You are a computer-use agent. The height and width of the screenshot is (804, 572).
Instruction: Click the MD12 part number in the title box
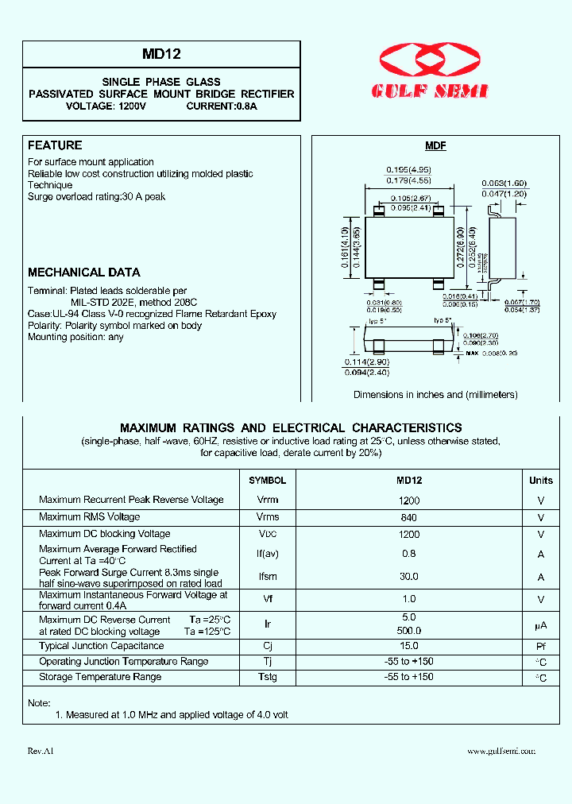tap(161, 55)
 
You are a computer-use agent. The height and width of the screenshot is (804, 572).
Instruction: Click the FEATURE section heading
tap(55, 145)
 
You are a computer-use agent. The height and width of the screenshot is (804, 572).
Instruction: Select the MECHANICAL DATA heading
tap(84, 272)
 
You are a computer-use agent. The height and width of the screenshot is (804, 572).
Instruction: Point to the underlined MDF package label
tap(435, 146)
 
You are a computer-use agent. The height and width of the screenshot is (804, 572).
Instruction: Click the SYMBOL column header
tap(267, 481)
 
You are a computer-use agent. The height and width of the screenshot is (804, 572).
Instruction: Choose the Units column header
tap(541, 481)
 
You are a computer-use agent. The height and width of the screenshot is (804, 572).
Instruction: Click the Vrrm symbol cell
tap(267, 500)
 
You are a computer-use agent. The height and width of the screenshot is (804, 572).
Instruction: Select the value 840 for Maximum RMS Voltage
tap(409, 517)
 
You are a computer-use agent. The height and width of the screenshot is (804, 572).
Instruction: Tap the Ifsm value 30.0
tap(409, 577)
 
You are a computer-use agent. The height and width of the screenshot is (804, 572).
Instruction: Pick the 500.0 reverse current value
tap(409, 631)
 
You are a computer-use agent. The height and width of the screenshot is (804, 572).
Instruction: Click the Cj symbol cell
tap(267, 647)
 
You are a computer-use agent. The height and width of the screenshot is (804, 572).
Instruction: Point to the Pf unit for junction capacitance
tap(541, 647)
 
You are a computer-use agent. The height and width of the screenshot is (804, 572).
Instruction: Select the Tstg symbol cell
tap(267, 677)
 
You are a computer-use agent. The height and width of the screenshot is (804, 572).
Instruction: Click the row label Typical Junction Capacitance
tap(101, 647)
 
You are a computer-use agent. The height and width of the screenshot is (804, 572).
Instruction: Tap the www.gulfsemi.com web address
tap(501, 751)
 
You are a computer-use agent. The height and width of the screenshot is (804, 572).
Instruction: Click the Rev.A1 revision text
tap(41, 751)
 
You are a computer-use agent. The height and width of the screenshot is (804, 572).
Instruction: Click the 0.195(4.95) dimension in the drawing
tap(408, 170)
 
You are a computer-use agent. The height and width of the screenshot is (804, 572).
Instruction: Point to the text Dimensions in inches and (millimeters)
tap(435, 395)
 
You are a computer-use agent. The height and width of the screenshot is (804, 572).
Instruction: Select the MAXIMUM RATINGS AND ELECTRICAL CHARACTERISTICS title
tap(291, 428)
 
